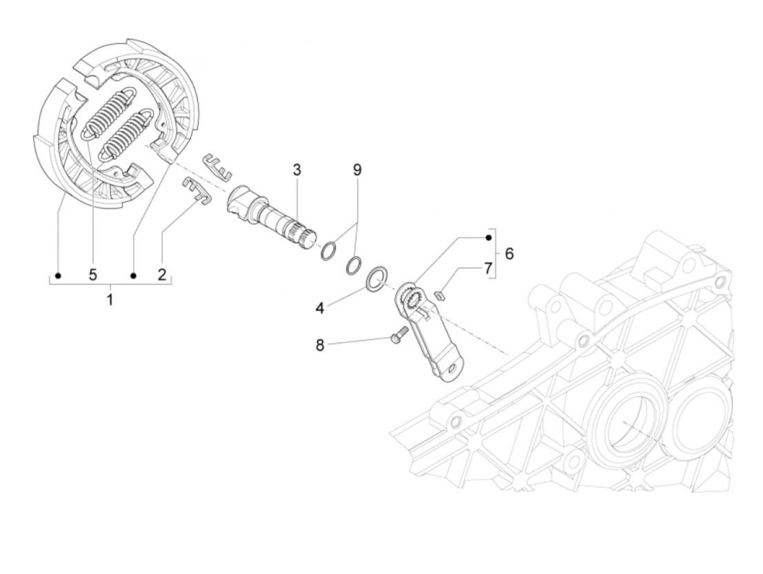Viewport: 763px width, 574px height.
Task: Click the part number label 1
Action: (x=110, y=299)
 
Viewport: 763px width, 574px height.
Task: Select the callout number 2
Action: (x=162, y=274)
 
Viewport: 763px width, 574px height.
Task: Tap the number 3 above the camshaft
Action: (x=296, y=170)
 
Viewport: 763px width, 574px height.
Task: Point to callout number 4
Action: (x=320, y=308)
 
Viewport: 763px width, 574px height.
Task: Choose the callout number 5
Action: (x=93, y=274)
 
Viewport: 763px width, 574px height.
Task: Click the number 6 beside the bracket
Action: (x=509, y=254)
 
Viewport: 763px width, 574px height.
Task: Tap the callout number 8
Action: (x=320, y=345)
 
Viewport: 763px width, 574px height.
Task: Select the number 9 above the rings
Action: (x=357, y=170)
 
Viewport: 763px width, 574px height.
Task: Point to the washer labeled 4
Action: (x=377, y=279)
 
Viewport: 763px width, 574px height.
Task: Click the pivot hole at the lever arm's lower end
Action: (x=451, y=370)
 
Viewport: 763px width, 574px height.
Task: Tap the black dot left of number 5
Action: (x=59, y=275)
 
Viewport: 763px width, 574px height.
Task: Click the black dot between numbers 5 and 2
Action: (x=133, y=275)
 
